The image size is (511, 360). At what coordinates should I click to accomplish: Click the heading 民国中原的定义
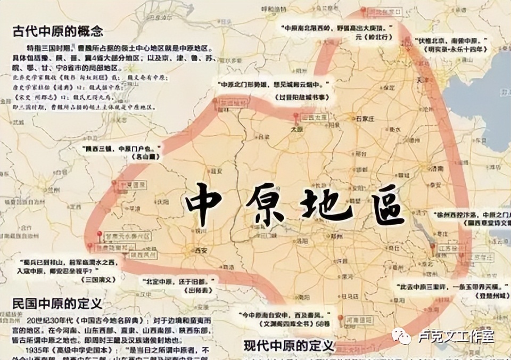tap(57, 304)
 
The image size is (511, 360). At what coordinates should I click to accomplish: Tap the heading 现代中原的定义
tap(289, 346)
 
